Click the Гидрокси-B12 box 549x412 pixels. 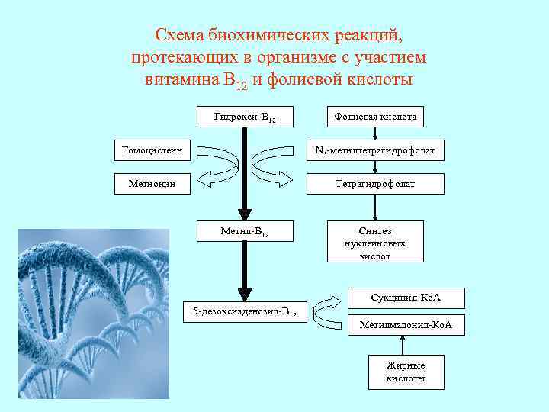coord(244,117)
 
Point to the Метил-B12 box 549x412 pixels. coord(244,230)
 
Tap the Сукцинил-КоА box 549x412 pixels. coord(406,295)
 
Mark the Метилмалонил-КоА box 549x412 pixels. coord(406,325)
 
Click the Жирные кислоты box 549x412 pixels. coord(406,372)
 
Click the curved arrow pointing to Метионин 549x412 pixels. coord(217,168)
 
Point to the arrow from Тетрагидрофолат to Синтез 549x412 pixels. coord(374,206)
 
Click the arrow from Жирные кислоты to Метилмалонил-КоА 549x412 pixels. coord(406,345)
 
